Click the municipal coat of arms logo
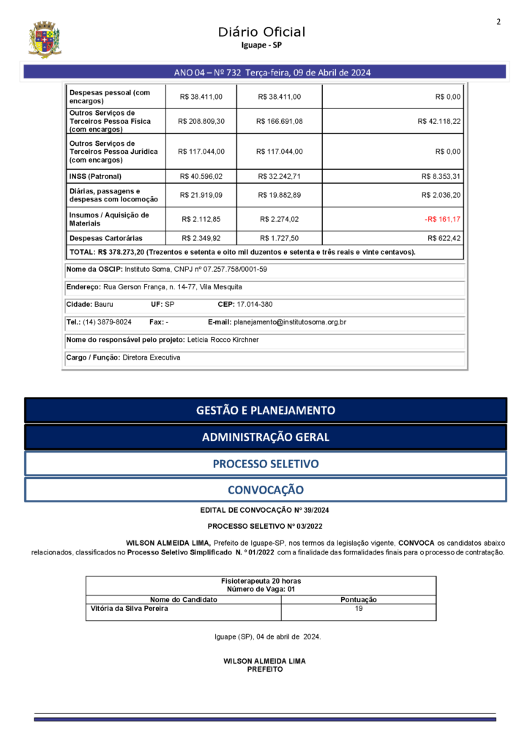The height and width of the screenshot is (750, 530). tap(45, 40)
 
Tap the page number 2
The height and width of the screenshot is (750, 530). tap(499, 21)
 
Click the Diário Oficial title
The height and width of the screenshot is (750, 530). tap(261, 31)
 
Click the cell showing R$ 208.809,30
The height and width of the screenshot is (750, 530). tap(201, 122)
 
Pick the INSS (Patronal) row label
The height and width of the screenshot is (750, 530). tap(95, 177)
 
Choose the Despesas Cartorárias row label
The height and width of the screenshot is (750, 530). tap(105, 238)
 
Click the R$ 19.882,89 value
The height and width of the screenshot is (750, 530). tap(279, 195)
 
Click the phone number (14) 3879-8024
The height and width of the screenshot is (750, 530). tap(107, 322)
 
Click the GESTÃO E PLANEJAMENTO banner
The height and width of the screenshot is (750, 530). tap(265, 410)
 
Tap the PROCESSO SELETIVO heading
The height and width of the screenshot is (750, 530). tap(265, 464)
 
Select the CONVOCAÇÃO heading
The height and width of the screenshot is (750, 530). tap(265, 489)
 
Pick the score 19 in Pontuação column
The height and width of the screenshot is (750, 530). tap(359, 608)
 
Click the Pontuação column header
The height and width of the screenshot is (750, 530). tap(359, 599)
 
